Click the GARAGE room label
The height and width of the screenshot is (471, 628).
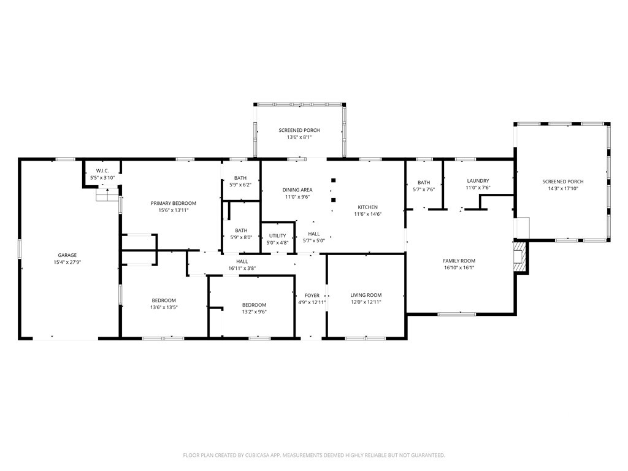(67, 255)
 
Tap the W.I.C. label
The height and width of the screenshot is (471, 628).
(102, 171)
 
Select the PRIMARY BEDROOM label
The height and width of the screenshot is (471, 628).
(174, 204)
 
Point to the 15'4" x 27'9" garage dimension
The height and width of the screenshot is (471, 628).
(67, 262)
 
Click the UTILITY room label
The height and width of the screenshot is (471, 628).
(278, 236)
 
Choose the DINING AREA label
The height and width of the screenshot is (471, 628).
(297, 190)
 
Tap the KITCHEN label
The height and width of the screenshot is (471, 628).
(368, 207)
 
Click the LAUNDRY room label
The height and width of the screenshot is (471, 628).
(478, 181)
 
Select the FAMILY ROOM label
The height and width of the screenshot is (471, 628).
(459, 261)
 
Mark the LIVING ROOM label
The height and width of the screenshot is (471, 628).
(366, 295)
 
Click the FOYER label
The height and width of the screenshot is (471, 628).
(312, 296)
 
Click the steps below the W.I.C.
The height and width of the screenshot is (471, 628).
(108, 194)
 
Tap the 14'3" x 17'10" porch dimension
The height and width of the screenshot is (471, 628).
(563, 189)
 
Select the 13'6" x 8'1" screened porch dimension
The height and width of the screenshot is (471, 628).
(299, 137)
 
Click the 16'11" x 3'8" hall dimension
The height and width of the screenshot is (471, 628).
(242, 269)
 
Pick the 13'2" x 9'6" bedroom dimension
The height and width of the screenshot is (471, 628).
(254, 312)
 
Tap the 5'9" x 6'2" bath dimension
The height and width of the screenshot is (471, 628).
(240, 185)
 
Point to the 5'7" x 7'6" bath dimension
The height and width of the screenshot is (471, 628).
(424, 190)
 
